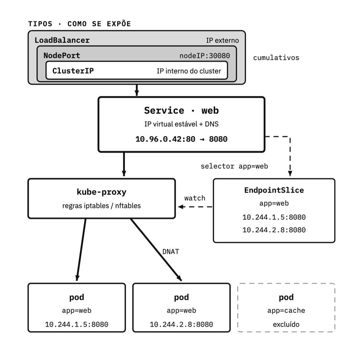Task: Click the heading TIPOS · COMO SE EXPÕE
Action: coord(79,24)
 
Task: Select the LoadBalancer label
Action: coord(62,40)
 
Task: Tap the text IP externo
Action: coord(222,41)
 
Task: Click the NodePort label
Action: coord(62,56)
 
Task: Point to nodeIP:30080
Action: coord(204,56)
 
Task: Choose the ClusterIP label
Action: coord(73,71)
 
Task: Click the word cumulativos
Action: coord(276,58)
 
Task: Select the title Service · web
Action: coord(181,110)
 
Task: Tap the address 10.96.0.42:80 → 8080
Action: coord(181,139)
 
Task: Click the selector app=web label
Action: coord(234,166)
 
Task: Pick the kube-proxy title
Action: coord(102,192)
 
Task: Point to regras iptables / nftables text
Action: coord(102,206)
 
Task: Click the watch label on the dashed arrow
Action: coord(195,198)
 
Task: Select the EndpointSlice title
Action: coord(274,190)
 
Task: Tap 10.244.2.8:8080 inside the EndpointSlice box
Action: coord(274,230)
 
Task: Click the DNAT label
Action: coord(171,251)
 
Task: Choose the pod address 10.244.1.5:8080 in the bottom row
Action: coord(77,324)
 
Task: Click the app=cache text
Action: coord(286,310)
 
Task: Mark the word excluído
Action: coord(286,324)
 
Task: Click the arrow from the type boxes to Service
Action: coord(137,90)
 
